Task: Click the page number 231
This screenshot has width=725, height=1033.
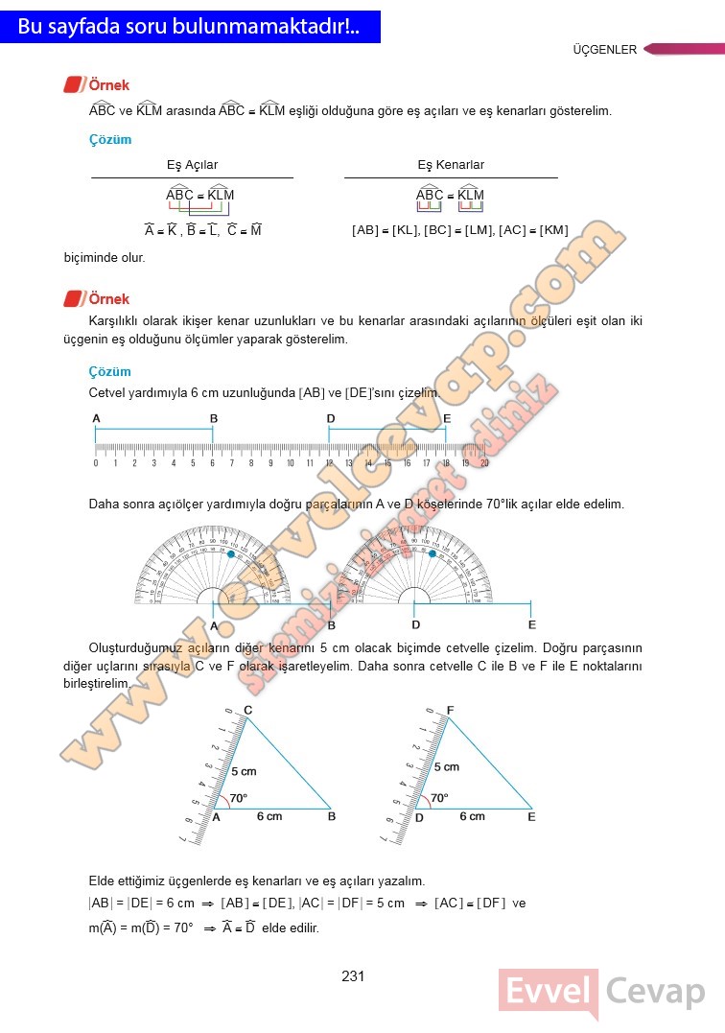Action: [x=353, y=976]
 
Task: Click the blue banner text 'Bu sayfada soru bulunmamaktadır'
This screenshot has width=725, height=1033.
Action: [x=188, y=27]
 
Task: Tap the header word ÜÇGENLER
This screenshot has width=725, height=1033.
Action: [x=604, y=50]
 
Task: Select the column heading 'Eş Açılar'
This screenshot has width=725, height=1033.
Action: [x=192, y=165]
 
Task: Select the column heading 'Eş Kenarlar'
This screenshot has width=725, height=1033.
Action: [x=451, y=165]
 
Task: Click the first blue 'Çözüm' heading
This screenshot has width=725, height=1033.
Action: [x=110, y=140]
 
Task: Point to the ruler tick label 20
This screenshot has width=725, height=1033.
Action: [x=484, y=463]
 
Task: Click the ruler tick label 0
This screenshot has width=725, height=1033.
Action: [x=96, y=463]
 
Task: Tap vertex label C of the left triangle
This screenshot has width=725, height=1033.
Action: [x=247, y=710]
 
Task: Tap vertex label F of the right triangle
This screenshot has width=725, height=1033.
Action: [x=451, y=710]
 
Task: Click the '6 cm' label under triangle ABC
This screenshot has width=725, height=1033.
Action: [x=269, y=816]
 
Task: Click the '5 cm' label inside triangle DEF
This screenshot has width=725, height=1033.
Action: [x=446, y=766]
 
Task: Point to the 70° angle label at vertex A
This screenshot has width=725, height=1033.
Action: [x=238, y=798]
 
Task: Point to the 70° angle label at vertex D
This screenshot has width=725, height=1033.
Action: [x=439, y=798]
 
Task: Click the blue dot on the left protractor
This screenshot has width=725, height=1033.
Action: [x=231, y=554]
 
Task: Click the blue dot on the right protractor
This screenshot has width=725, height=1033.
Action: [x=433, y=554]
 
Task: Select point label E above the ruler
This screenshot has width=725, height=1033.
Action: [x=447, y=419]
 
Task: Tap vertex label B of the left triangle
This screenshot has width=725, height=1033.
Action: [x=332, y=817]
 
